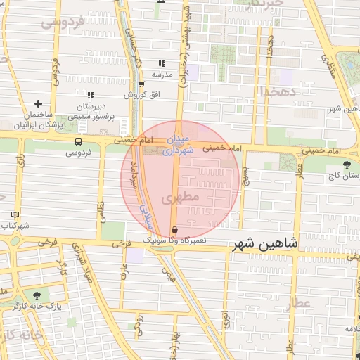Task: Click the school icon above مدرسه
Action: (162, 63)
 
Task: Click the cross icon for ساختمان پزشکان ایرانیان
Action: (38, 103)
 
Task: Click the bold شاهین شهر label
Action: (264, 243)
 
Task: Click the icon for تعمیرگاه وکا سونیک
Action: (175, 229)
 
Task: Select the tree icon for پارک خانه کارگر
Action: (37, 295)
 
